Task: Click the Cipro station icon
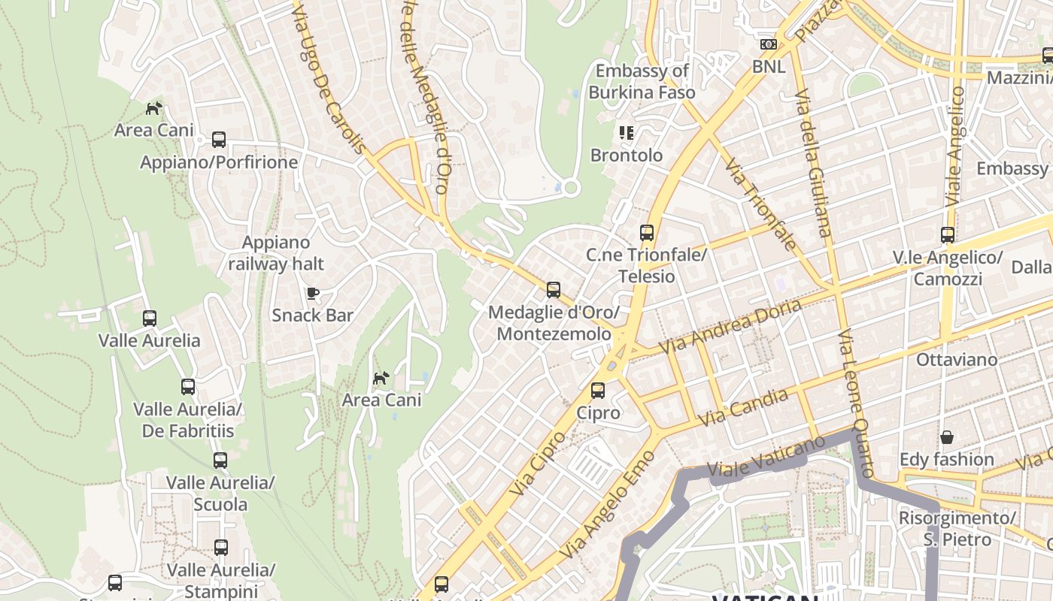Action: pyautogui.click(x=598, y=391)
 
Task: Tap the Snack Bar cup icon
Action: pyautogui.click(x=313, y=293)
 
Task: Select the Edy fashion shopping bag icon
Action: pyautogui.click(x=946, y=436)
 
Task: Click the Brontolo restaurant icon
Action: pyautogui.click(x=627, y=133)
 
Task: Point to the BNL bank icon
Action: pyautogui.click(x=768, y=44)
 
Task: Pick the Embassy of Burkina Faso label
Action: pyautogui.click(x=642, y=82)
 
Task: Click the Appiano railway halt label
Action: pyautogui.click(x=276, y=253)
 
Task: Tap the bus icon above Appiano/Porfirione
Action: pyautogui.click(x=219, y=139)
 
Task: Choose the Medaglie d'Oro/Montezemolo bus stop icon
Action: pyautogui.click(x=554, y=289)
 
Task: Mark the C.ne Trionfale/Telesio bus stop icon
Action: pyautogui.click(x=647, y=233)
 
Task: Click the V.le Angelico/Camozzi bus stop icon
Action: pyautogui.click(x=948, y=235)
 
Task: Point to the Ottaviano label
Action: pyautogui.click(x=957, y=360)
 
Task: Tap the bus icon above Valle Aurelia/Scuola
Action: pyautogui.click(x=220, y=460)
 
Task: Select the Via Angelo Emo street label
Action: pyautogui.click(x=608, y=503)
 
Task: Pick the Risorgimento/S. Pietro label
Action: pyautogui.click(x=957, y=528)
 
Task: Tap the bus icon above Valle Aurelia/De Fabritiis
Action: pyautogui.click(x=188, y=387)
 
